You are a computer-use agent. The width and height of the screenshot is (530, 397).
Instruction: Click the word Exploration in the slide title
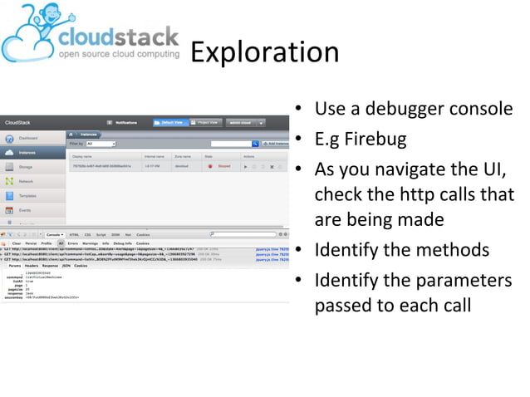tap(264, 52)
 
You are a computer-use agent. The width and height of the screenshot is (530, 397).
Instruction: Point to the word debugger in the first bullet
tap(405, 109)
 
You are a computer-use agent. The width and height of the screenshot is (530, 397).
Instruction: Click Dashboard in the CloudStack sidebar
tap(28, 138)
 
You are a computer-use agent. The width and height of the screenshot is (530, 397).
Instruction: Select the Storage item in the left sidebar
tap(26, 167)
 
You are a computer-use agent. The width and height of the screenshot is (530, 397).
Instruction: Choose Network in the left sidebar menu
tap(26, 181)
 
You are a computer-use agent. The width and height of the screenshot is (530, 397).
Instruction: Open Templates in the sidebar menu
tap(27, 196)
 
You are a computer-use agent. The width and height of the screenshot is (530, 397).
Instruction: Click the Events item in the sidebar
tap(25, 210)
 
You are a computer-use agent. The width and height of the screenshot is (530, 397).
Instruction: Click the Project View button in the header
tap(208, 122)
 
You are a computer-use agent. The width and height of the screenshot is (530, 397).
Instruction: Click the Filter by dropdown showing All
tap(101, 144)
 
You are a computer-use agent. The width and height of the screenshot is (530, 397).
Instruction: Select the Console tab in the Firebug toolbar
tap(55, 235)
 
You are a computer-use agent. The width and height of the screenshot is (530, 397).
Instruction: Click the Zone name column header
tap(183, 155)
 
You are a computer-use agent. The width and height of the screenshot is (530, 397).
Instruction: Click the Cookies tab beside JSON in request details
tap(81, 265)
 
